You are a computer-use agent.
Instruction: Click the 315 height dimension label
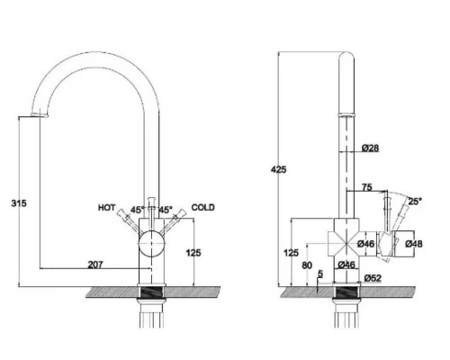coord(19,203)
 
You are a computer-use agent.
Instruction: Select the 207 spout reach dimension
coord(95,265)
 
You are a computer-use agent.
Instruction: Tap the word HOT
coord(106,207)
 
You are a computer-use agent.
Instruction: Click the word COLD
coord(203,207)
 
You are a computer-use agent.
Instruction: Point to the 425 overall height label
coord(278,169)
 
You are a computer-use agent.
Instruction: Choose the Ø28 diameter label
coord(370,148)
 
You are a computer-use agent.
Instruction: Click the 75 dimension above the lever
coord(367,187)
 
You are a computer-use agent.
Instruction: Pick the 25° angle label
coord(415,201)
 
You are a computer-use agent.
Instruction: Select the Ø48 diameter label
coord(414,244)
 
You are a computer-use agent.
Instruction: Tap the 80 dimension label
coord(307,265)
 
